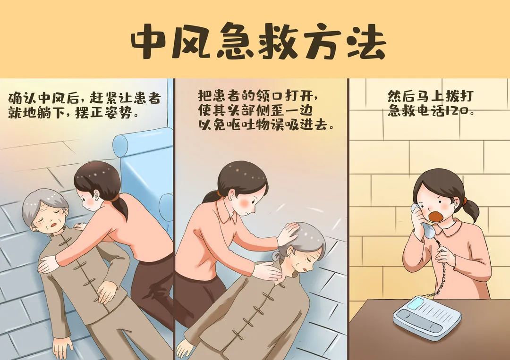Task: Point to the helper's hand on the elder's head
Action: click(x=288, y=232)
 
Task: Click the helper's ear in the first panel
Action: click(x=97, y=193)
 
